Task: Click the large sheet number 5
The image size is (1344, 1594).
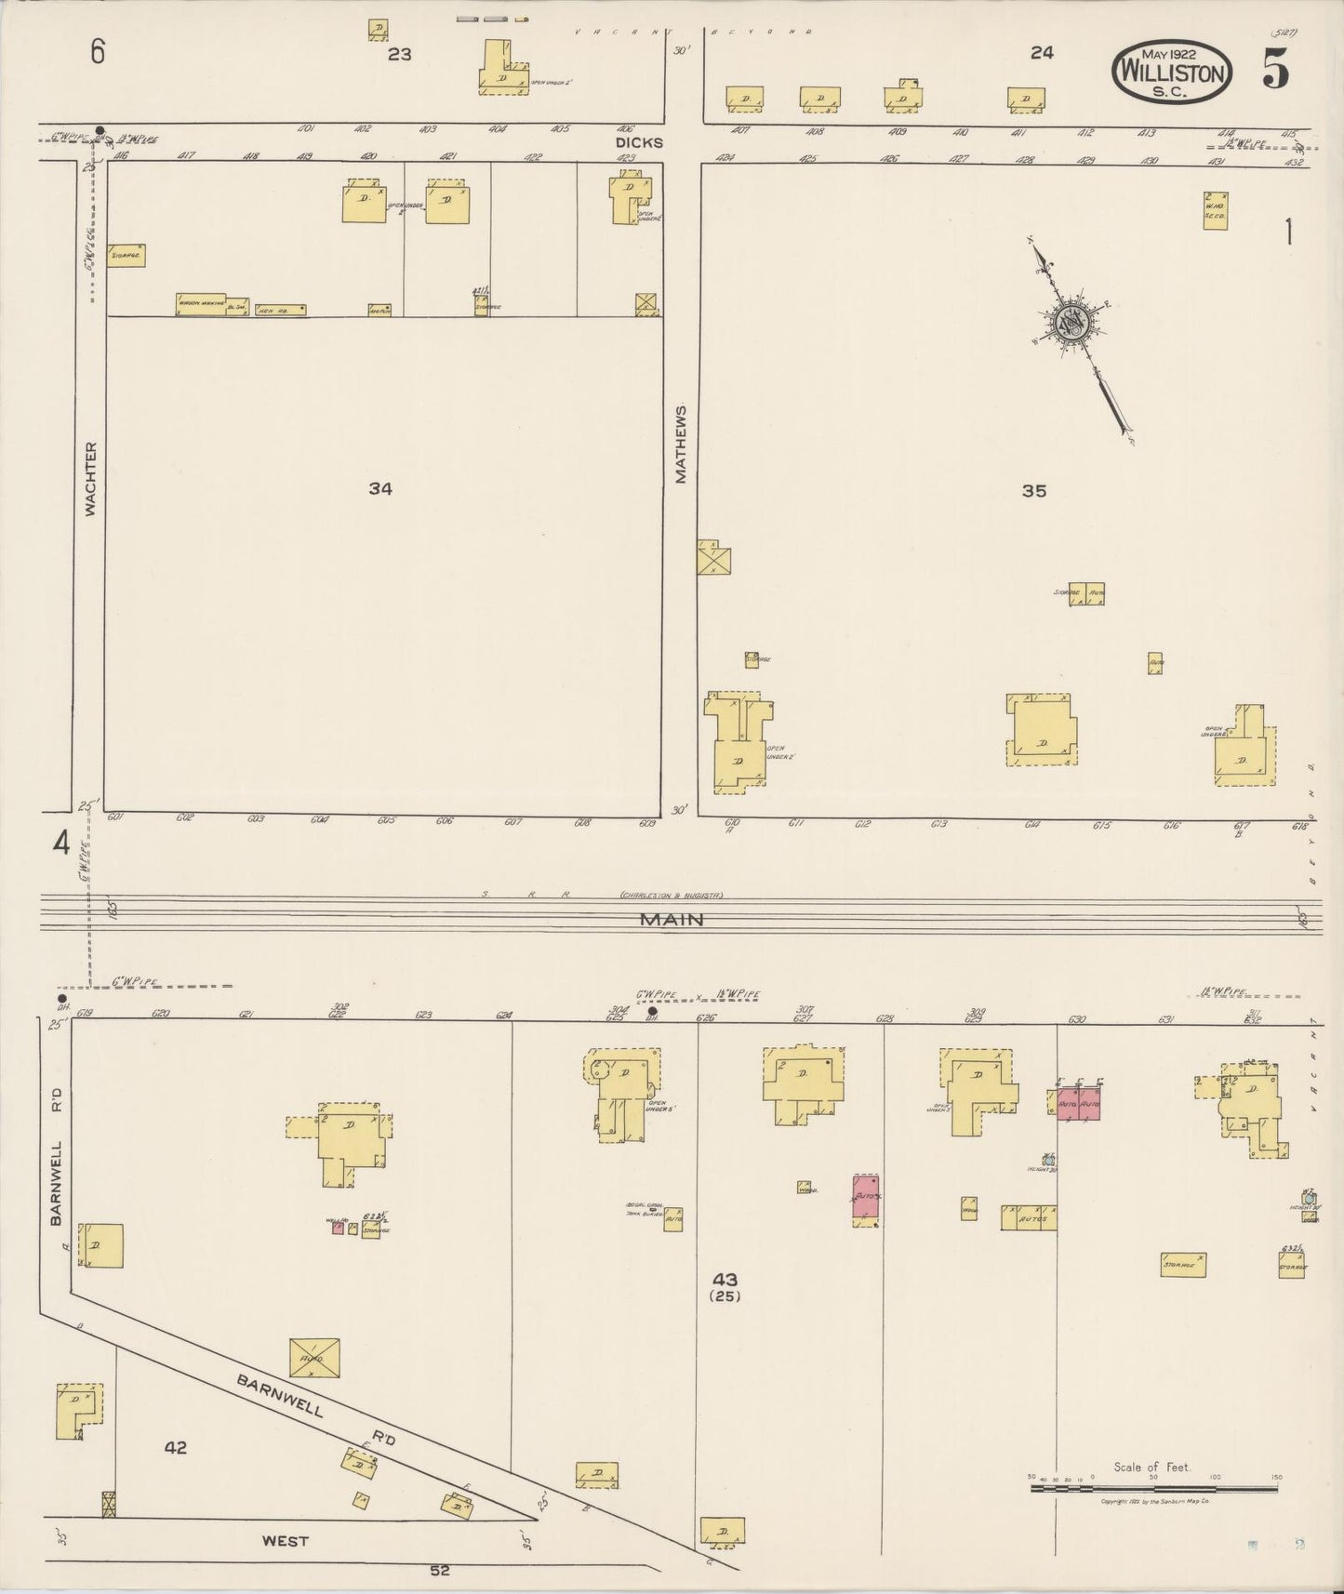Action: click(1275, 70)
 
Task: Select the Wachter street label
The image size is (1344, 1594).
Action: click(90, 478)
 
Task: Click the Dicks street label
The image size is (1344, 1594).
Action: click(639, 143)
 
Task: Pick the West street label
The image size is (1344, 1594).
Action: click(285, 1541)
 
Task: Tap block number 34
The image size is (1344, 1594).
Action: click(379, 488)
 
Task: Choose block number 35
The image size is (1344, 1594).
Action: click(1034, 491)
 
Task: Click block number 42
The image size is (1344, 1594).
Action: click(175, 1448)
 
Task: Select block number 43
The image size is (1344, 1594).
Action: click(725, 1281)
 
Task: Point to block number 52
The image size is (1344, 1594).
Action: click(439, 1571)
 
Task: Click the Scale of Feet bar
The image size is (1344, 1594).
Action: click(1153, 1489)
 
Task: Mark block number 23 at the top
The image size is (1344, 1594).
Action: click(399, 55)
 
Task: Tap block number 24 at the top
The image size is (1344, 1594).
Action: click(1042, 53)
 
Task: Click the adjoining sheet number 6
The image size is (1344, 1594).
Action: click(97, 52)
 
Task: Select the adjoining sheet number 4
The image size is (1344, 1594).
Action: click(61, 844)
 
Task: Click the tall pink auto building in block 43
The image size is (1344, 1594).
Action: click(867, 1199)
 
